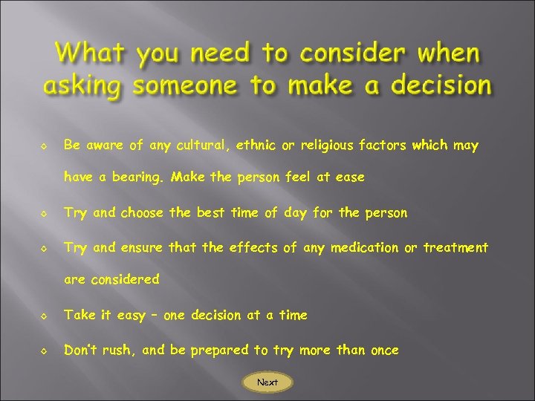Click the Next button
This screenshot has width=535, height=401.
point(267,382)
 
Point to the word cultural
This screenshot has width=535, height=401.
point(201,146)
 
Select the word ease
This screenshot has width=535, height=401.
point(349,178)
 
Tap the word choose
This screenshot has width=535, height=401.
point(143,213)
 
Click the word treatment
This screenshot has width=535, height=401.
point(455,247)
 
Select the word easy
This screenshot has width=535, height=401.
point(132,316)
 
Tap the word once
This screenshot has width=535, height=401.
point(384,350)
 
